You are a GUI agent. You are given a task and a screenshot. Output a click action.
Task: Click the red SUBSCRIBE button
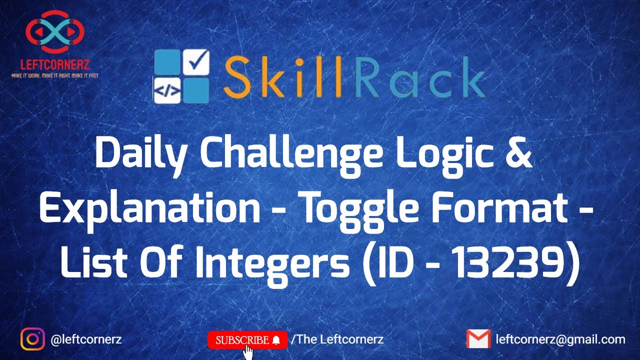click(x=247, y=340)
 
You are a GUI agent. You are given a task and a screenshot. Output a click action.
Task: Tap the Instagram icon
click(x=32, y=339)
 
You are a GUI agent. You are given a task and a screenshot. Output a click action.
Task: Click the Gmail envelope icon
click(x=478, y=339)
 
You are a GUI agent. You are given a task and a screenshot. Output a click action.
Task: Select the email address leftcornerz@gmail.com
click(x=560, y=339)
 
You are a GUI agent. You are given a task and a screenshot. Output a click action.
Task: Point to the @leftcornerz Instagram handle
click(x=86, y=339)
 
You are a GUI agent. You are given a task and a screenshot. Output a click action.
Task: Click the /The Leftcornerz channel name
click(x=337, y=339)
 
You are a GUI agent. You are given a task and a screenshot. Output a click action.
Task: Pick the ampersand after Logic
click(x=518, y=151)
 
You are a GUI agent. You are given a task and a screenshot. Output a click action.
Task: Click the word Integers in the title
click(x=273, y=265)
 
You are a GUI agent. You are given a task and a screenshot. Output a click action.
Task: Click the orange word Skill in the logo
click(x=283, y=77)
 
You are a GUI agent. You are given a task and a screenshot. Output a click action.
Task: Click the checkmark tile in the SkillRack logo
click(x=196, y=62)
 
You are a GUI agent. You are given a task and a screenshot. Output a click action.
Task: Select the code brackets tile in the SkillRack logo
click(x=167, y=90)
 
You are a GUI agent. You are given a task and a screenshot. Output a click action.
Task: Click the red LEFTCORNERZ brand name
click(x=55, y=65)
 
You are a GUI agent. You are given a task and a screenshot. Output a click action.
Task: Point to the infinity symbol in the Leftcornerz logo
click(x=55, y=31)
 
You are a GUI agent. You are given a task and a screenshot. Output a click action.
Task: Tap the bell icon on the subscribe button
click(x=276, y=340)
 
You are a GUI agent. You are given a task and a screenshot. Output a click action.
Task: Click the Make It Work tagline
click(x=55, y=75)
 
